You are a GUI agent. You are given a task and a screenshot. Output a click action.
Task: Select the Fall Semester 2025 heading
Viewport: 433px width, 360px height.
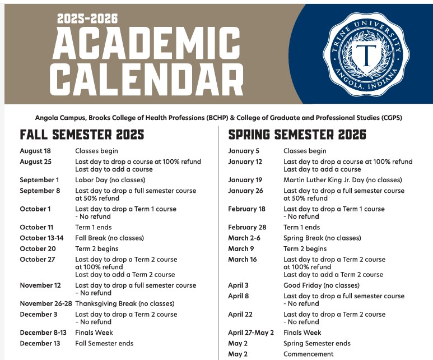82,135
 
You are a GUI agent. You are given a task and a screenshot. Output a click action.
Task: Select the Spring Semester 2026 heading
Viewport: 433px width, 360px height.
297,135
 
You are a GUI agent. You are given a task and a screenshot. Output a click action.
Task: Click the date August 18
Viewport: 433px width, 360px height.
35,151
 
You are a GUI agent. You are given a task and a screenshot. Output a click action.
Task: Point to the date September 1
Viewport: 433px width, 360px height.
39,180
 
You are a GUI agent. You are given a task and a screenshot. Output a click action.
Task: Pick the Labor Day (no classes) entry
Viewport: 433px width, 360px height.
110,180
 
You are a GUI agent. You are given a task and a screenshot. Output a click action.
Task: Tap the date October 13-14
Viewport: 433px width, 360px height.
41,238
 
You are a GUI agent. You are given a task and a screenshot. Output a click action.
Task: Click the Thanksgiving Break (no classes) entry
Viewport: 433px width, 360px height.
125,303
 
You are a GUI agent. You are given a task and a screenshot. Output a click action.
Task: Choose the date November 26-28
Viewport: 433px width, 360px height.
46,303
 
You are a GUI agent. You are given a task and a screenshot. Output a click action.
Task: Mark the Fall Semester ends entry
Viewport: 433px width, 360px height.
104,343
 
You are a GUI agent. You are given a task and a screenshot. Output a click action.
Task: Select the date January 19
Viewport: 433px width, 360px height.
245,180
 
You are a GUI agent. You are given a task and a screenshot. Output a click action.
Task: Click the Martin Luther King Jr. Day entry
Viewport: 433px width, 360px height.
342,180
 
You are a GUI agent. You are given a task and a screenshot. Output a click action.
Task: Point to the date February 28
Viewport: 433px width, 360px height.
247,227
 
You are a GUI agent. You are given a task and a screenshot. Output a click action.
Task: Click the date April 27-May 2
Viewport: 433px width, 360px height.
251,333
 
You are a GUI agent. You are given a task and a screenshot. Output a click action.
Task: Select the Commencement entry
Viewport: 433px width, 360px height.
308,354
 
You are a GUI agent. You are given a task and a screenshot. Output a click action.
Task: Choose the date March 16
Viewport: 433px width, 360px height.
242,259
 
